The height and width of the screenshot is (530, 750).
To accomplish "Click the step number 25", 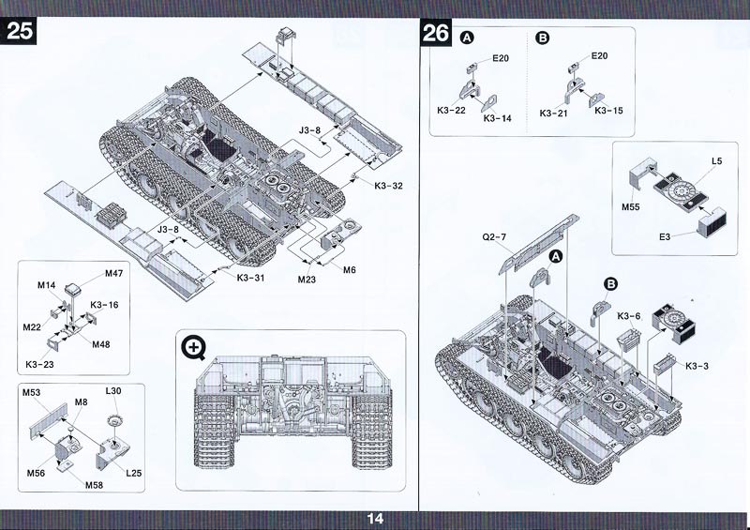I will click(21, 30).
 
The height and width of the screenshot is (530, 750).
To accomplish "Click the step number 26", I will click(436, 35).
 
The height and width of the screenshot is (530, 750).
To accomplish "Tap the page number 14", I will click(375, 518).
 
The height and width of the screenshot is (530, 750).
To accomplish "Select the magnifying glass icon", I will click(195, 348).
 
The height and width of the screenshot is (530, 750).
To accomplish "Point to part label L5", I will click(716, 162).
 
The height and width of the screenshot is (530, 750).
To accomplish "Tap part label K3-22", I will click(451, 111).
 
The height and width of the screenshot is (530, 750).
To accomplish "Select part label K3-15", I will click(608, 111).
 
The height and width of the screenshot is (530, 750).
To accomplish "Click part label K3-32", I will click(387, 186).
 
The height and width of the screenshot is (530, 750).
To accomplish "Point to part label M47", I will click(113, 273).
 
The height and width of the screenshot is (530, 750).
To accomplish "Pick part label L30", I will click(113, 390).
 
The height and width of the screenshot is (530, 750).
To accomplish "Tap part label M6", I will click(349, 269).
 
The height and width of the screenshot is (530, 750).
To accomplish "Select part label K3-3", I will click(697, 365).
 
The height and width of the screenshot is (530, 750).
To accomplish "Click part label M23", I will click(307, 279).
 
